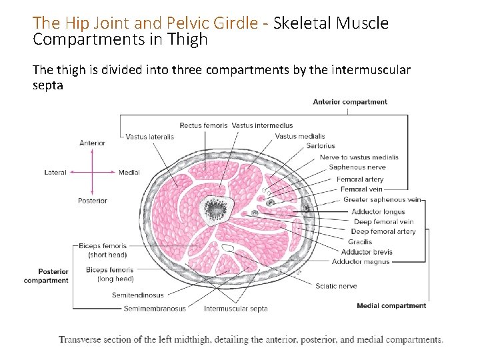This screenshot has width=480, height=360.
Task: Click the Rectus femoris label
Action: [203, 125]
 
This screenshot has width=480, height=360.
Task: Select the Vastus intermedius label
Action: [262, 125]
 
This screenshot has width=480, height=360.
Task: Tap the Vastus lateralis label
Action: [150, 137]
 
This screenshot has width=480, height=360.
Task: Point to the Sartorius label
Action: [321, 146]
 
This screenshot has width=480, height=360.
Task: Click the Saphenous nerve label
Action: [357, 167]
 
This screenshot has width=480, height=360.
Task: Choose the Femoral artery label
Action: [360, 179]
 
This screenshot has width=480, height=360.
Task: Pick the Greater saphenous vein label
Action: [382, 199]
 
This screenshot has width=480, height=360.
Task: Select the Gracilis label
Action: [360, 242]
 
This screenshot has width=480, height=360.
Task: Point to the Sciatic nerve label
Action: [337, 286]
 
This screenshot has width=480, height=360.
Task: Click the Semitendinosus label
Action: [138, 295]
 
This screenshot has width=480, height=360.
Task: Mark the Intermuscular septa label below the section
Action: [235, 309]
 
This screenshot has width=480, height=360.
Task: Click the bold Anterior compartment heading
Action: [350, 102]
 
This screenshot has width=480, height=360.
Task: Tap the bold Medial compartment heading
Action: [391, 306]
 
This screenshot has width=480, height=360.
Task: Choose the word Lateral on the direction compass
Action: [55, 173]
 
